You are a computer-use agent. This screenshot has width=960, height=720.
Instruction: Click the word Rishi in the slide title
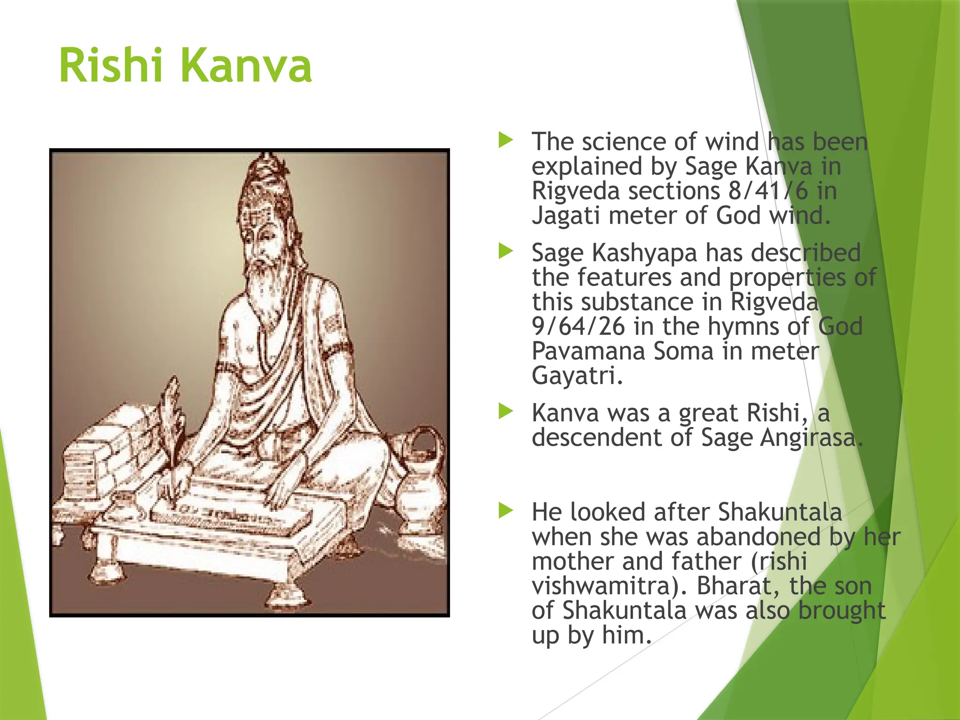pyautogui.click(x=111, y=66)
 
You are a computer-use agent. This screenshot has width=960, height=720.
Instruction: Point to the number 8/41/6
pyautogui.click(x=768, y=191)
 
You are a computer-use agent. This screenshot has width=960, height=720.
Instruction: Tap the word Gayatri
pyautogui.click(x=577, y=376)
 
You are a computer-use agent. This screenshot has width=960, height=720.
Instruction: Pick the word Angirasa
pyautogui.click(x=811, y=438)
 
